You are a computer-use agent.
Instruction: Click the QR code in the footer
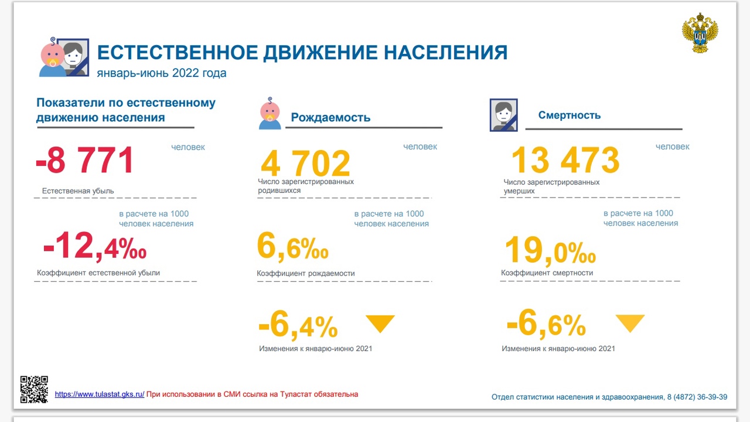coord(34,390)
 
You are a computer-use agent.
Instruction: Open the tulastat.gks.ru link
coord(100,394)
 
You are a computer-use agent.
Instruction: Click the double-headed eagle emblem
coord(700,33)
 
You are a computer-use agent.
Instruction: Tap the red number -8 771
coord(85,161)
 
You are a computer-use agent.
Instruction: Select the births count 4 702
coord(306,163)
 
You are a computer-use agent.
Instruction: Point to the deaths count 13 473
coord(565,160)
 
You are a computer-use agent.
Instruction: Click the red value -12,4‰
coord(95,246)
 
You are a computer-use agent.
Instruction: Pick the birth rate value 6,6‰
coord(292,246)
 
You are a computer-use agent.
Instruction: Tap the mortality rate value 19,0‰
coord(550,250)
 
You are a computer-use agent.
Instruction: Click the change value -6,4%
coord(298,324)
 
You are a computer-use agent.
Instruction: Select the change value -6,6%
coord(546,323)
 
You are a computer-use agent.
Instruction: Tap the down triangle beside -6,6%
coord(630,323)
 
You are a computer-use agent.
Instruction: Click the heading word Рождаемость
coord(330,117)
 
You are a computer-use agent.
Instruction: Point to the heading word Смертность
coord(570,115)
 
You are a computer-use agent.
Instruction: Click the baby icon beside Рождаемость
coord(270,113)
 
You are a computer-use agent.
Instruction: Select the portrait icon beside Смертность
coord(503,115)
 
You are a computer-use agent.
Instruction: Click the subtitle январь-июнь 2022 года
coord(162,73)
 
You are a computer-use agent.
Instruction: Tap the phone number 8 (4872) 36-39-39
coord(697,397)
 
